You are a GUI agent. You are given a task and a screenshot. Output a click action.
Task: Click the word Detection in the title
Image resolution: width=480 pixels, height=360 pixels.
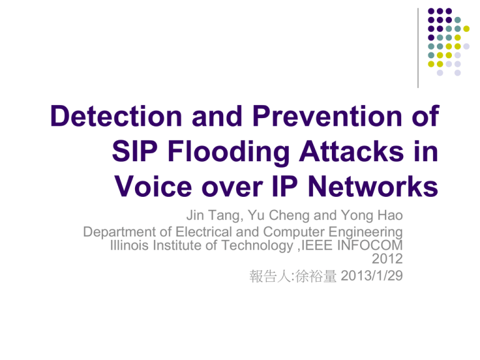tap(116, 116)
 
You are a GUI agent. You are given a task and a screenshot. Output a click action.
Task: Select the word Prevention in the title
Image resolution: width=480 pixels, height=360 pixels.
tap(327, 116)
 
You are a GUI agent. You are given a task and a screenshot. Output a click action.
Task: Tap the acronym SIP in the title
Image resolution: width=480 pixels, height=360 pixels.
tap(135, 151)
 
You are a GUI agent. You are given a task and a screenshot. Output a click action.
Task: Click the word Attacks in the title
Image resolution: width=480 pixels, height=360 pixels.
tap(351, 151)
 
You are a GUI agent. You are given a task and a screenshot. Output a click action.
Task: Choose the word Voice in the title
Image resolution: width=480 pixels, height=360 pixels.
tap(153, 186)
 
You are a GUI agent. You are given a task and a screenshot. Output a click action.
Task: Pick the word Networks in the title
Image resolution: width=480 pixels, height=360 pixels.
tap(373, 186)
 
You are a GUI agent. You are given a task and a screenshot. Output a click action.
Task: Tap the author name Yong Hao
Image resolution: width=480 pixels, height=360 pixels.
tap(372, 216)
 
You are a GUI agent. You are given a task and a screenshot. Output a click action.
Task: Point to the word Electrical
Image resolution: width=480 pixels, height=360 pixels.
tap(204, 232)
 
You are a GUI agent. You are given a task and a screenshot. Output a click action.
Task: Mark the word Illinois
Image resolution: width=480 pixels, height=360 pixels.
tap(129, 245)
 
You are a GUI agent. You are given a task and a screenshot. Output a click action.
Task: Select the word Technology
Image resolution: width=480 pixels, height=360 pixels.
tap(257, 246)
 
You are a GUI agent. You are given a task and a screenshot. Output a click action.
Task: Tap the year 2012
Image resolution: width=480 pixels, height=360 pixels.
tap(387, 259)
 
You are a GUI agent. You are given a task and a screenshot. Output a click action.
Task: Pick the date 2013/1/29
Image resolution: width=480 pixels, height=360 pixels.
tap(372, 276)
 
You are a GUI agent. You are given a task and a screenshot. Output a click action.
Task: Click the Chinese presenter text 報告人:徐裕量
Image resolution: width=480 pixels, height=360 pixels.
tap(293, 276)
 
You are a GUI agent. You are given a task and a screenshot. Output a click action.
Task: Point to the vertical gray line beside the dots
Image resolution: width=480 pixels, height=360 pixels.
tap(418, 48)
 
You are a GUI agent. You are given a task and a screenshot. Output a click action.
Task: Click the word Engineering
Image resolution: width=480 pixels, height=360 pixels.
tap(366, 232)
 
